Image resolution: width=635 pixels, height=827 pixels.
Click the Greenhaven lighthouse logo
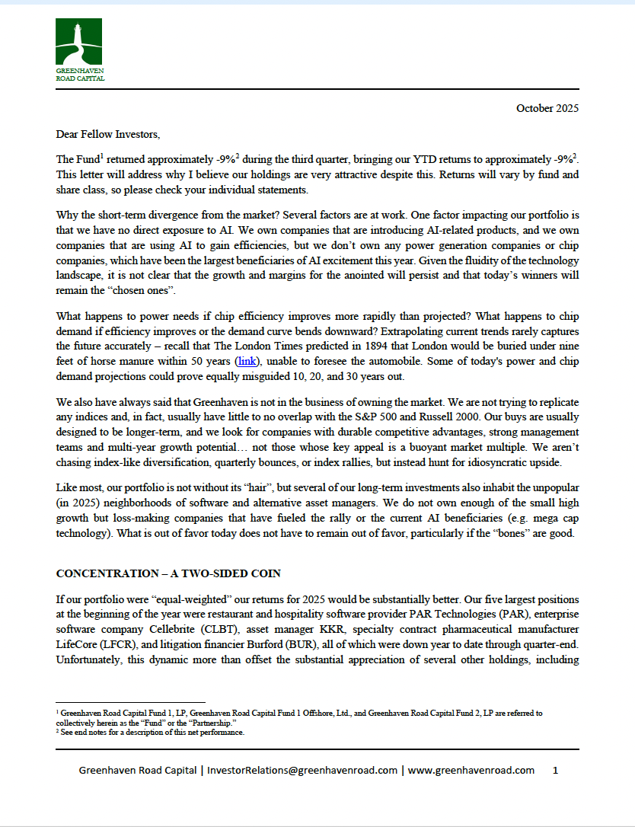(78, 42)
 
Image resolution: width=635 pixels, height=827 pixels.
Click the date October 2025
(547, 108)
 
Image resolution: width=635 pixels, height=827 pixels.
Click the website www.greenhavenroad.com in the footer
(471, 770)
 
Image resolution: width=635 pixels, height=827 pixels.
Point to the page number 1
(555, 770)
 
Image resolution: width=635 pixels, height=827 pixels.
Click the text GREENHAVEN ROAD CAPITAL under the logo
(80, 75)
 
